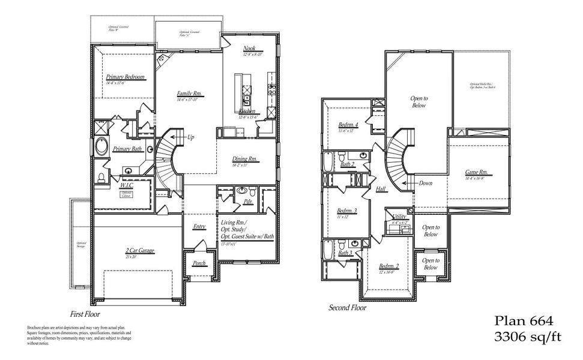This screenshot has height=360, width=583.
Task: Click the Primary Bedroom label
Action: coord(125,77)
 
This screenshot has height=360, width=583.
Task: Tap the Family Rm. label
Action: coord(189,94)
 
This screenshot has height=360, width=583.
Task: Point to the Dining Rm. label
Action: coord(244,159)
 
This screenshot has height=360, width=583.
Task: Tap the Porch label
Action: coord(199,263)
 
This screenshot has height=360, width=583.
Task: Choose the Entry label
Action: coord(199,227)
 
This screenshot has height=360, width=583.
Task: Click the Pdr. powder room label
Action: coord(247,202)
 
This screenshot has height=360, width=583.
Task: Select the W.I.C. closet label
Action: coord(127,185)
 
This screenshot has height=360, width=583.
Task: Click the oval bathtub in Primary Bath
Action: coord(102,147)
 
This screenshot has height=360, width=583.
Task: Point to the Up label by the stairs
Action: coord(191,137)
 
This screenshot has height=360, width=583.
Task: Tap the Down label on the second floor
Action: coord(426,184)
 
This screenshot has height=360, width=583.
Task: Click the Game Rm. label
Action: coord(476,173)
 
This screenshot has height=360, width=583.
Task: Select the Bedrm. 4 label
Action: coord(349,125)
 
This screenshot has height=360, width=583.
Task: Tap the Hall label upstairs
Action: coord(381,189)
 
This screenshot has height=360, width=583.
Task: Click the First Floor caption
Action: coord(85,314)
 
